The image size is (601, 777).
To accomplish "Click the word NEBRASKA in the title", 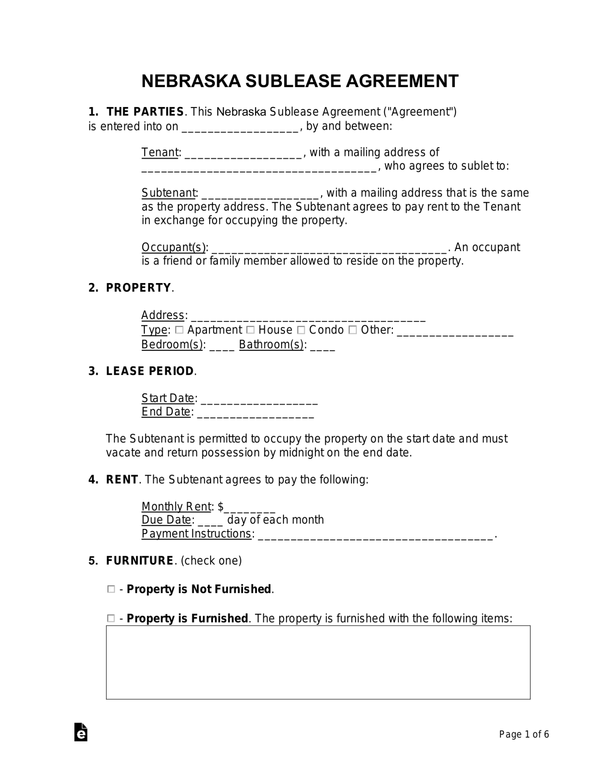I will pos(191,81).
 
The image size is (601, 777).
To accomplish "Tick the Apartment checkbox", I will pos(180,330).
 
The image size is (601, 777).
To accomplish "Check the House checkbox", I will pos(251,330).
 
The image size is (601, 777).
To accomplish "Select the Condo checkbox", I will pos(301,330).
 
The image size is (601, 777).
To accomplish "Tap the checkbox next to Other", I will pos(353,330).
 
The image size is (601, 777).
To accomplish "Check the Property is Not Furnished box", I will pos(111,589).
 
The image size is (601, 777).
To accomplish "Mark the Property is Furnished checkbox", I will pos(111,618).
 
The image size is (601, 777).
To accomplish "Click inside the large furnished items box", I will pos(318,662).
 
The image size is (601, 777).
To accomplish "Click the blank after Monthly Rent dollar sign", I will pos(249,508).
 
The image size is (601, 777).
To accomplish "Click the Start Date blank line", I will pos(259,400).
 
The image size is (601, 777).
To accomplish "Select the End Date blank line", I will pos(256,413).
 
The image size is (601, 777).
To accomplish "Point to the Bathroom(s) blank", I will pos(322,346).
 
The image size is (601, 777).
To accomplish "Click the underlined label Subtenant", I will pos(169,193).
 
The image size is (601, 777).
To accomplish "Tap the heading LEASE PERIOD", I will pos(150,371).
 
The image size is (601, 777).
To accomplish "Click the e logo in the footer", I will pos(81,732).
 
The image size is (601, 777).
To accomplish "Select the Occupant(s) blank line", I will pos(329,249).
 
